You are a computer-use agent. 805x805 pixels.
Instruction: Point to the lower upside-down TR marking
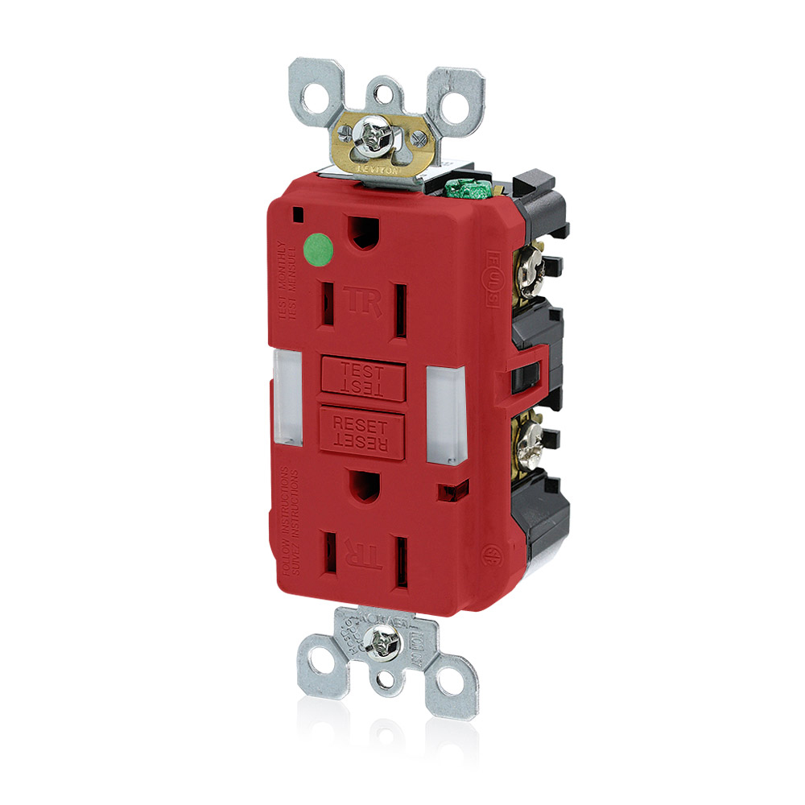355,554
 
